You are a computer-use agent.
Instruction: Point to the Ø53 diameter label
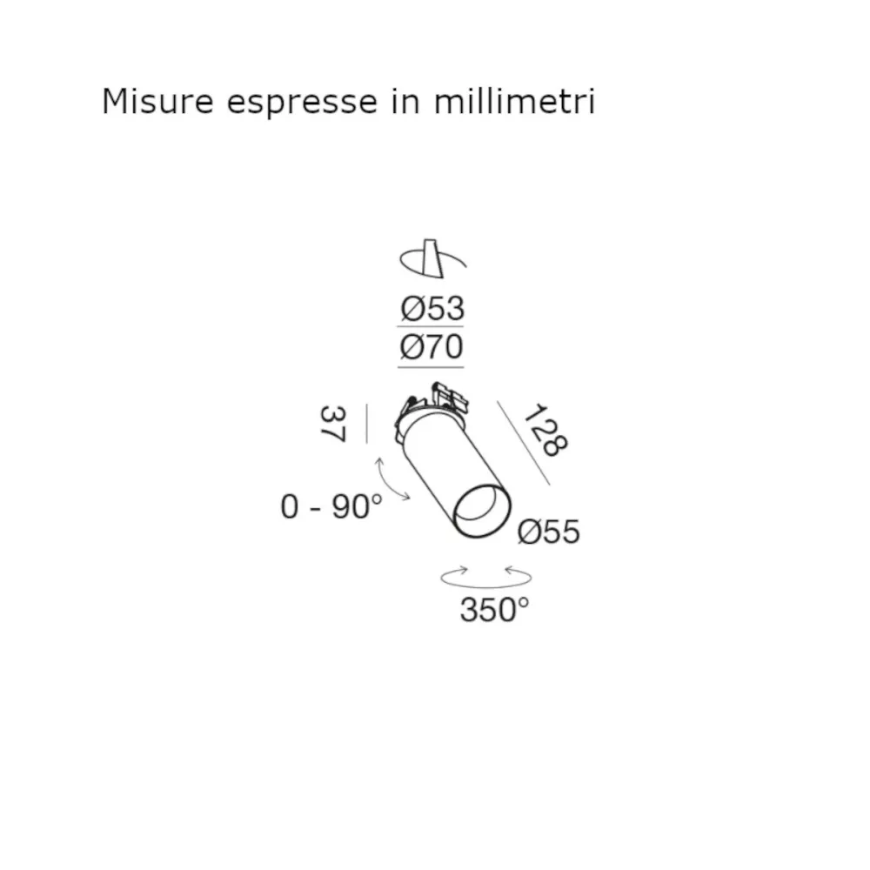tap(432, 308)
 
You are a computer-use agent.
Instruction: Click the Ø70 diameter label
tap(432, 347)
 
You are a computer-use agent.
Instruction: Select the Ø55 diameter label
tap(548, 531)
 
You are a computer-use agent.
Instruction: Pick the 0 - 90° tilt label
tap(331, 505)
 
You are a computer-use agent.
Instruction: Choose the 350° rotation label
tap(494, 611)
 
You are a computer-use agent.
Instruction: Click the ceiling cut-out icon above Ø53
tap(432, 258)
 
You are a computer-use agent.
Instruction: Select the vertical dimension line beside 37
tap(367, 424)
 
